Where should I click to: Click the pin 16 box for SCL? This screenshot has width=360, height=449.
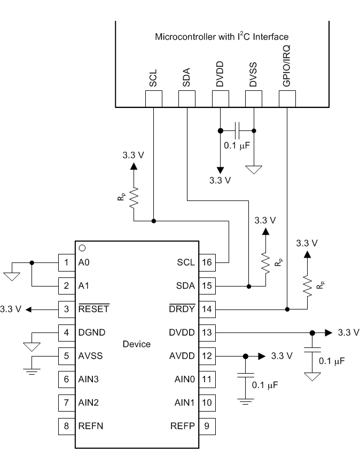pyautogui.click(x=207, y=262)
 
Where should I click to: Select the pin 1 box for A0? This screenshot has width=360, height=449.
pyautogui.click(x=66, y=262)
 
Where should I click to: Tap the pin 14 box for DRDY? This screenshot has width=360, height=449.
pyautogui.click(x=207, y=309)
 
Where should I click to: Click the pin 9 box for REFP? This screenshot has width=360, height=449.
pyautogui.click(x=207, y=426)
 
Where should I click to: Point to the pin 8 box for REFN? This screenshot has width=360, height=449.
pyautogui.click(x=66, y=426)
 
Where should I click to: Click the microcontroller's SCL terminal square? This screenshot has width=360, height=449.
pyautogui.click(x=153, y=98)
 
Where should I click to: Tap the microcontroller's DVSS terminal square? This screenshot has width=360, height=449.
pyautogui.click(x=254, y=98)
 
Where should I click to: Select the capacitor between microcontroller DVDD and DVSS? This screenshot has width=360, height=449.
pyautogui.click(x=237, y=130)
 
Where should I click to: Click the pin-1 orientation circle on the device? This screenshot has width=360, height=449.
pyautogui.click(x=82, y=248)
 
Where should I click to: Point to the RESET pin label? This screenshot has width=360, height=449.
pyautogui.click(x=93, y=309)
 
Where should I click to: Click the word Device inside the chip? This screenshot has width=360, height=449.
pyautogui.click(x=136, y=344)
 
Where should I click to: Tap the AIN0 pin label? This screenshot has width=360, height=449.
pyautogui.click(x=185, y=380)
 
